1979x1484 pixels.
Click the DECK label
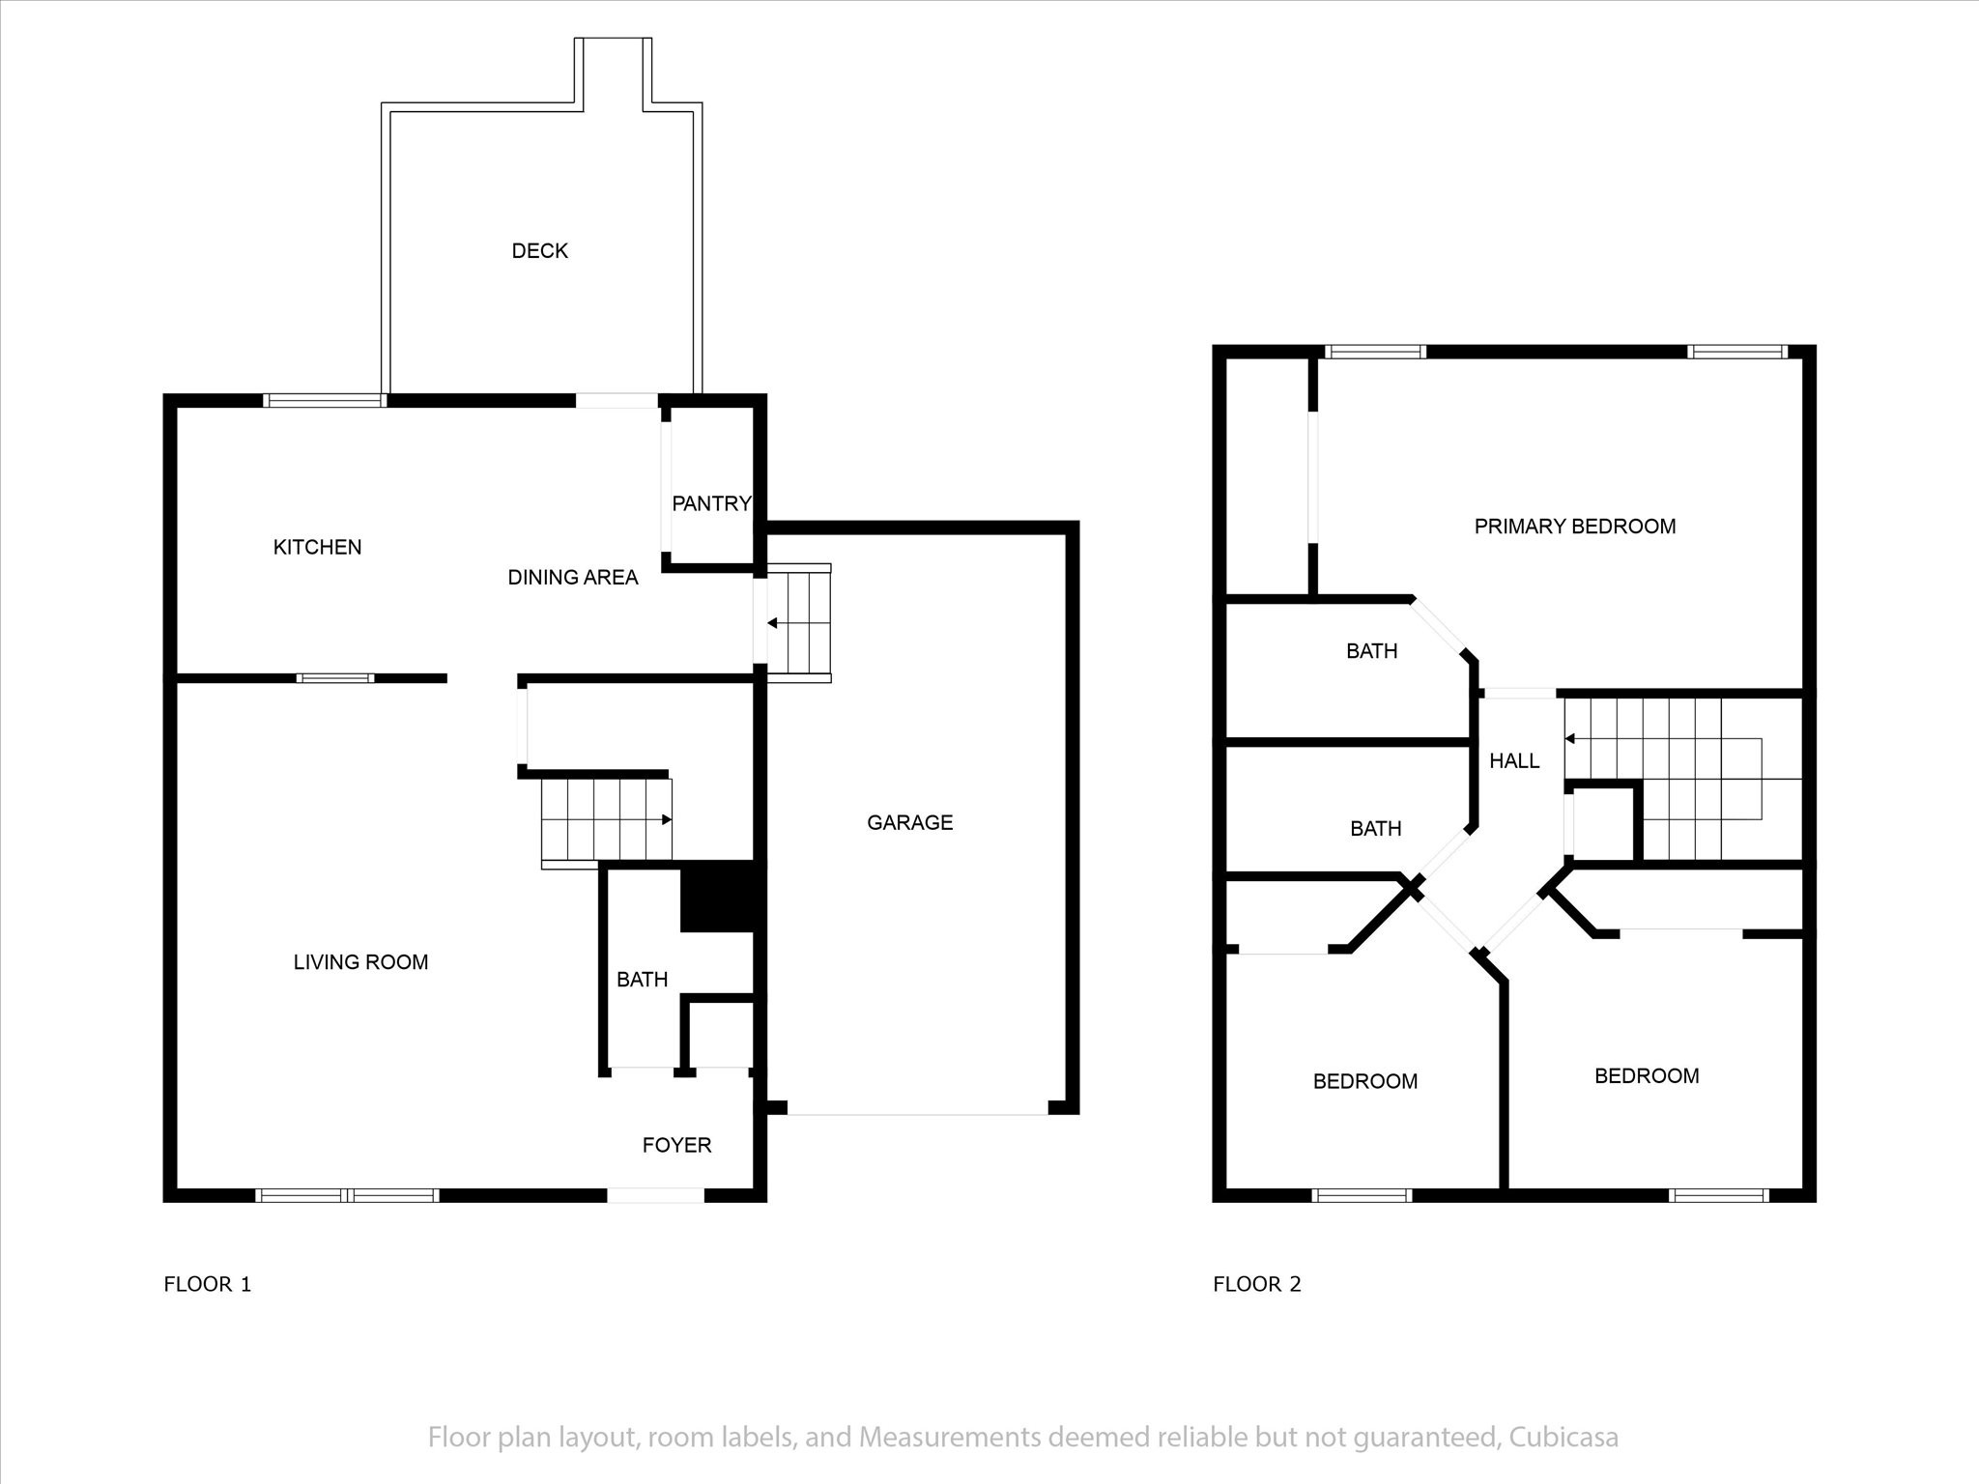point(539,251)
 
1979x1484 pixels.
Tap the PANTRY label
point(711,503)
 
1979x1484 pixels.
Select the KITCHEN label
point(317,547)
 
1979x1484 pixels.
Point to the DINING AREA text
point(573,578)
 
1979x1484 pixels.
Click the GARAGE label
point(909,822)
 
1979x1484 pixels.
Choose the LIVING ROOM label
point(360,962)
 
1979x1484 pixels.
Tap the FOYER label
point(676,1145)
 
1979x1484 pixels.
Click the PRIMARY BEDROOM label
point(1575,527)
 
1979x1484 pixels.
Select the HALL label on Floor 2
point(1514,761)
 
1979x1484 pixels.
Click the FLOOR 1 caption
point(207,1284)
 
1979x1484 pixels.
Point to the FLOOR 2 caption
point(1257,1284)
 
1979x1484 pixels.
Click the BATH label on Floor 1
point(642,980)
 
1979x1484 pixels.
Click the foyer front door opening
point(655,1195)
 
